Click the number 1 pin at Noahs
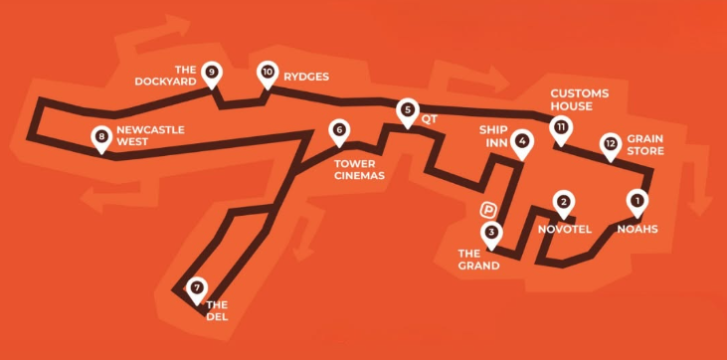pyautogui.click(x=637, y=203)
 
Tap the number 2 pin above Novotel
pyautogui.click(x=564, y=204)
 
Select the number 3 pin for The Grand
pyautogui.click(x=491, y=234)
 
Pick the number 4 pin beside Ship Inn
pyautogui.click(x=521, y=143)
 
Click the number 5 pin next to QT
pyautogui.click(x=408, y=112)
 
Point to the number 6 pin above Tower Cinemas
pyautogui.click(x=339, y=132)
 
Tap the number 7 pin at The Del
pyautogui.click(x=197, y=289)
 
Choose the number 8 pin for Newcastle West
pyautogui.click(x=101, y=138)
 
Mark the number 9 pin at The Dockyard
pyautogui.click(x=212, y=75)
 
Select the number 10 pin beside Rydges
pyautogui.click(x=268, y=75)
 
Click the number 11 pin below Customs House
pyautogui.click(x=561, y=129)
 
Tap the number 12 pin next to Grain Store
pyautogui.click(x=611, y=146)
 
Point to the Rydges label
pyautogui.click(x=307, y=77)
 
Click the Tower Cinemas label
pyautogui.click(x=360, y=170)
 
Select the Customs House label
pyautogui.click(x=579, y=99)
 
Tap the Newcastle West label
pyautogui.click(x=150, y=135)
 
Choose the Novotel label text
pyautogui.click(x=565, y=230)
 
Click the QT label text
pyautogui.click(x=430, y=118)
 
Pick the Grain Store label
pyautogui.click(x=645, y=145)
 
